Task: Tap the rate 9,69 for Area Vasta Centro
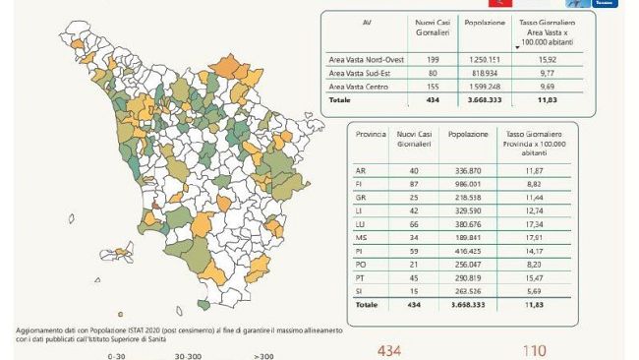click(x=548, y=88)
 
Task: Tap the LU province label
click(x=360, y=224)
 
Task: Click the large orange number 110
click(x=534, y=350)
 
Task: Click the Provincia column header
click(x=370, y=132)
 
